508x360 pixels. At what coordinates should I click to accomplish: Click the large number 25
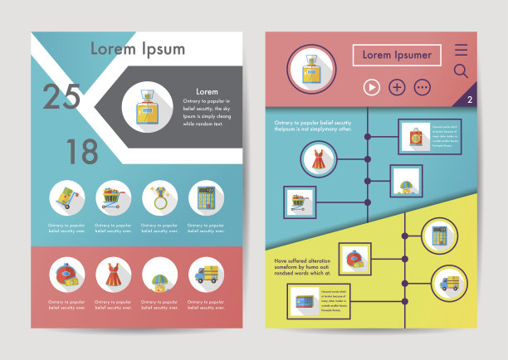click(62, 98)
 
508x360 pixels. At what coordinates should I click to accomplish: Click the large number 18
click(82, 152)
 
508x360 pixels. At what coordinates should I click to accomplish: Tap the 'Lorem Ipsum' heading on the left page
click(137, 48)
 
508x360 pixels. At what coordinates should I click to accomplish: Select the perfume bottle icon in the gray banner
click(147, 109)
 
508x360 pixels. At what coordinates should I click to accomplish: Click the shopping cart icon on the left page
click(112, 199)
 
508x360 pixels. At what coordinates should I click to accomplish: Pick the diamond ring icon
click(159, 199)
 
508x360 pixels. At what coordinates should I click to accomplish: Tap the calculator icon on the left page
click(205, 199)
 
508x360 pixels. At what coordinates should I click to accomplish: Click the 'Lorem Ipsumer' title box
click(397, 56)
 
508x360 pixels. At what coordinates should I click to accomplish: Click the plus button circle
click(397, 87)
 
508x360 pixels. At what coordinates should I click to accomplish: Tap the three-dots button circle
click(423, 87)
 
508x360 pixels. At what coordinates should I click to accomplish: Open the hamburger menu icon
click(461, 50)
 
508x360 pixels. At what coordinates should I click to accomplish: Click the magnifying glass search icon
click(461, 71)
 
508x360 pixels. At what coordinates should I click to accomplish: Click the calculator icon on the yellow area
click(439, 236)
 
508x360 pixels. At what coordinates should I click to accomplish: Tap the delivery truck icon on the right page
click(449, 283)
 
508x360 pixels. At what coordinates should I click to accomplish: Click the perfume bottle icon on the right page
click(311, 68)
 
